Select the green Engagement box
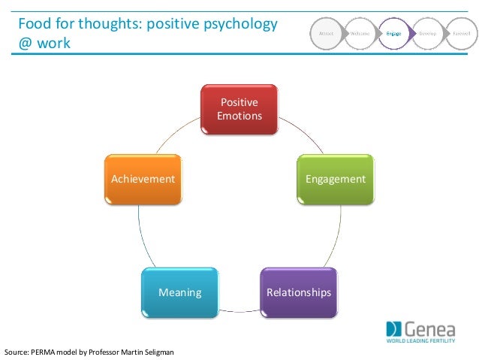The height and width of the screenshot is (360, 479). [x=335, y=179]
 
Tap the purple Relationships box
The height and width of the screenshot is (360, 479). [x=298, y=292]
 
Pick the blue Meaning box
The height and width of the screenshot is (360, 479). [x=179, y=292]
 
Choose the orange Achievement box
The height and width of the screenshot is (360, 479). [x=143, y=179]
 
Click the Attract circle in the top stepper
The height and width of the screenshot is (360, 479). [x=327, y=34]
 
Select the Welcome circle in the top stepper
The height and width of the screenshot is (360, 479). [x=360, y=34]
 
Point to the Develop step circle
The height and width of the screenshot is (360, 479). [x=426, y=34]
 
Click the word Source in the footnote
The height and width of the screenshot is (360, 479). [x=17, y=352]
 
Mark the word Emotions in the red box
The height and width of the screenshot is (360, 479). [x=239, y=116]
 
